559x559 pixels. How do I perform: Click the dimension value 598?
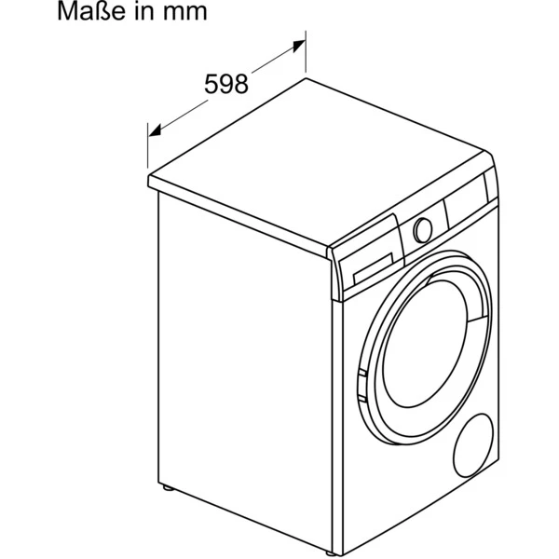point(225,85)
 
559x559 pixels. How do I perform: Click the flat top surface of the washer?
point(317,168)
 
